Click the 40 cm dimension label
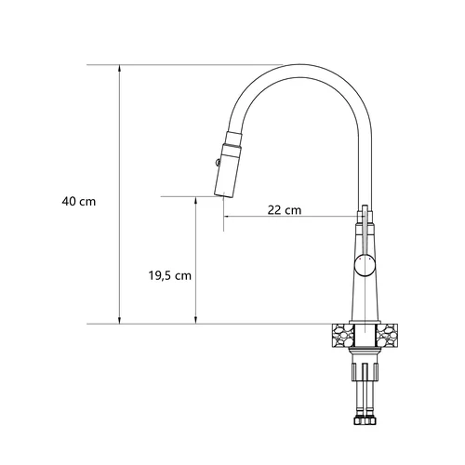click(79, 202)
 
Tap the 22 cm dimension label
click(285, 210)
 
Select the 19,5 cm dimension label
click(170, 275)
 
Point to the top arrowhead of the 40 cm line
click(119, 69)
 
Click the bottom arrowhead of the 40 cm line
click(119, 320)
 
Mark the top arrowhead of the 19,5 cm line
click(195, 200)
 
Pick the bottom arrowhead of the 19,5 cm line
click(195, 320)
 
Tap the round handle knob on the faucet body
click(365, 266)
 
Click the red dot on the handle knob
click(360, 259)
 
